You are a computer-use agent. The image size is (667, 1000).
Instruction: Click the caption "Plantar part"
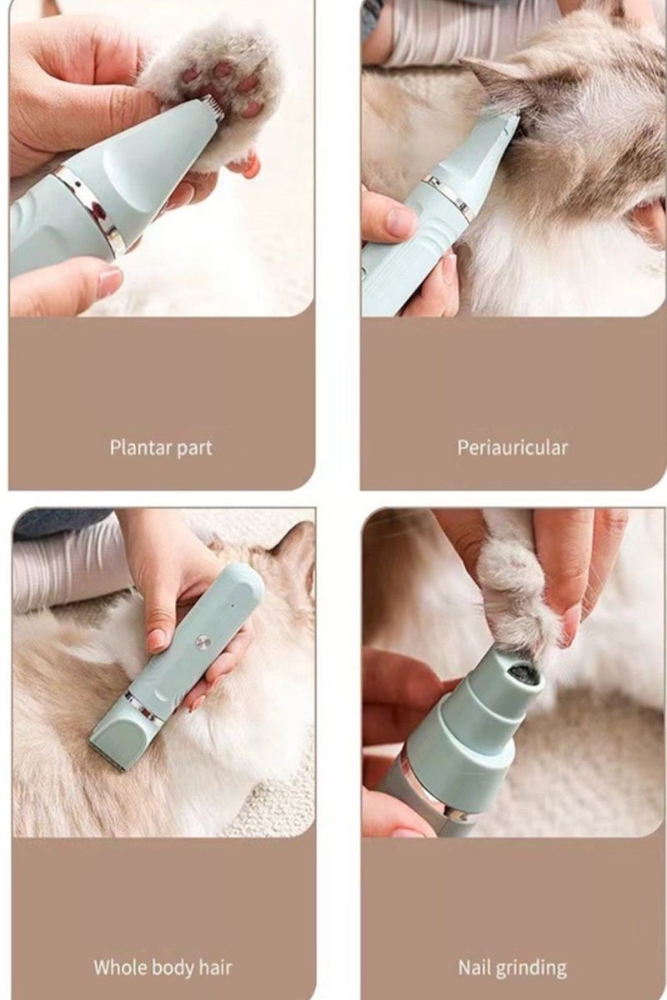[x=161, y=447]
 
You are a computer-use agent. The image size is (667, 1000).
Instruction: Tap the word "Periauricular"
[x=512, y=447]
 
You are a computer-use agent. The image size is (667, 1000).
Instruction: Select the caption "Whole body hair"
[x=163, y=967]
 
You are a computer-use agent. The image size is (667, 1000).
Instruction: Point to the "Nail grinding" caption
[x=512, y=967]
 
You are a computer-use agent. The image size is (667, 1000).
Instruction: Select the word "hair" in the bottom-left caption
[x=214, y=967]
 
